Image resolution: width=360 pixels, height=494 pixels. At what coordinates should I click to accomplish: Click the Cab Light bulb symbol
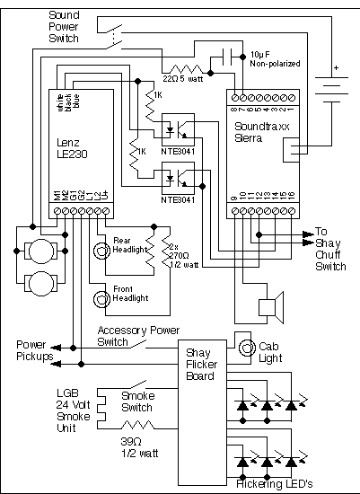[244, 344]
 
